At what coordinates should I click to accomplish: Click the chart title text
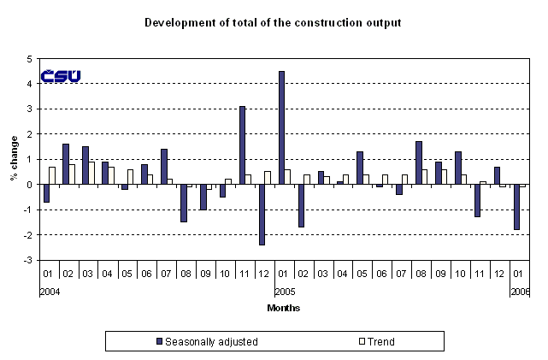click(273, 21)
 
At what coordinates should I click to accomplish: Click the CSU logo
click(61, 76)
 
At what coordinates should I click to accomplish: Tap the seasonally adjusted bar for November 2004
click(243, 145)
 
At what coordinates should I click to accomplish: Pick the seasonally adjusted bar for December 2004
click(262, 214)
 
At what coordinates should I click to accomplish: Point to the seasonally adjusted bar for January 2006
click(517, 206)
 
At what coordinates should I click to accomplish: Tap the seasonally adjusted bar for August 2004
click(184, 203)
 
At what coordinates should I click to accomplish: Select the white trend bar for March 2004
click(91, 173)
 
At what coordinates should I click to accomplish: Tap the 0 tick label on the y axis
click(30, 185)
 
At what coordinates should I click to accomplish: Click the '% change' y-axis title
click(14, 160)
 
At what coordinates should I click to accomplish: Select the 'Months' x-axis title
click(283, 308)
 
